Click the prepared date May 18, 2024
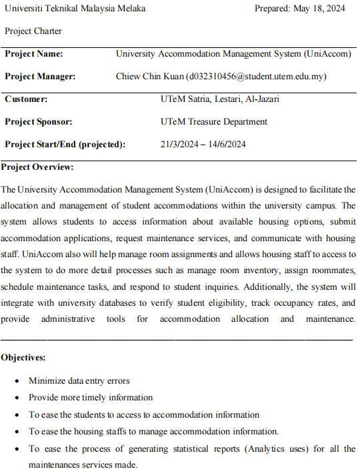(321, 9)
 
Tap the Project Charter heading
(33, 31)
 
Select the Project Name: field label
(35, 54)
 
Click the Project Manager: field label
(40, 77)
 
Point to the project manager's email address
(256, 77)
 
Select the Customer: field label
(26, 99)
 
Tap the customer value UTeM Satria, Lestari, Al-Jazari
(220, 99)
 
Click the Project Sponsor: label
(38, 122)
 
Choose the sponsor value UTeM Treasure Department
(214, 122)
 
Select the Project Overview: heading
(37, 167)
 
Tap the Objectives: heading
(24, 358)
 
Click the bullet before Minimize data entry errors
(17, 382)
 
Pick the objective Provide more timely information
(91, 398)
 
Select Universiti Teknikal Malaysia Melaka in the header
(75, 9)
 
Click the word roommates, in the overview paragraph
(332, 271)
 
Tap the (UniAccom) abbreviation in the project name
(327, 54)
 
